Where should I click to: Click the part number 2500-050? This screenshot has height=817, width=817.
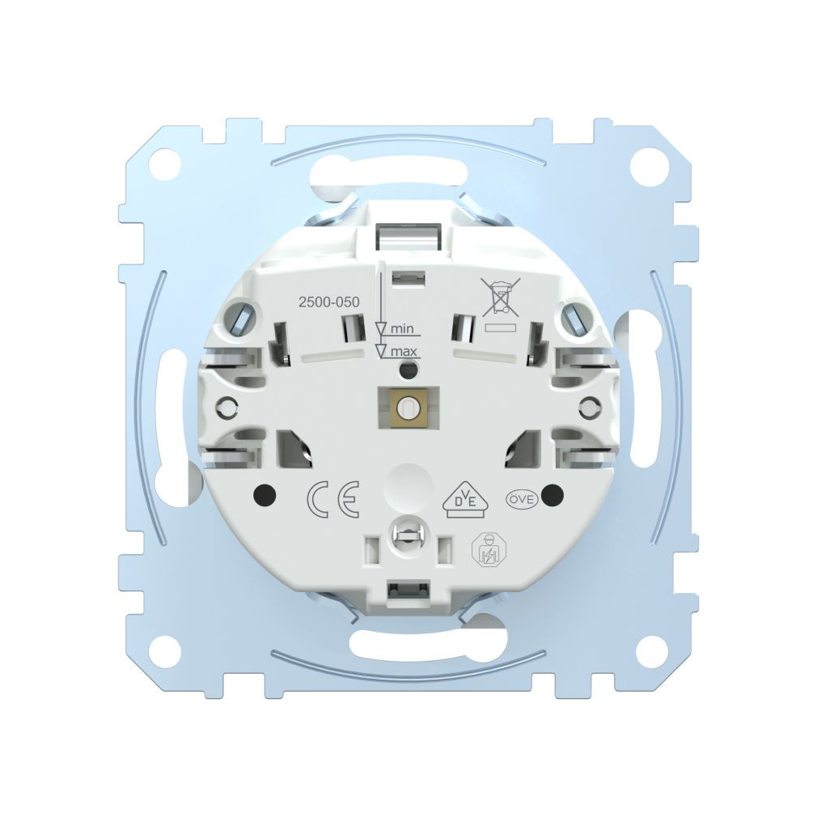tap(328, 303)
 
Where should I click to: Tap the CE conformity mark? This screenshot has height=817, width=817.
tap(332, 498)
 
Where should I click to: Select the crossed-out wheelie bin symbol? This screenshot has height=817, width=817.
tap(501, 297)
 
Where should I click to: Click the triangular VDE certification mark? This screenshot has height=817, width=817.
tap(460, 501)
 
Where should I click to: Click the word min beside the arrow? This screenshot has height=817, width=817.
tap(402, 328)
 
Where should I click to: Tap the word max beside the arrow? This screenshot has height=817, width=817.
tap(404, 352)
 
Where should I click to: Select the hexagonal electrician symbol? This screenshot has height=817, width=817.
tap(485, 548)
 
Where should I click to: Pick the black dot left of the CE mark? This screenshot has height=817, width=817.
tap(265, 494)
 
